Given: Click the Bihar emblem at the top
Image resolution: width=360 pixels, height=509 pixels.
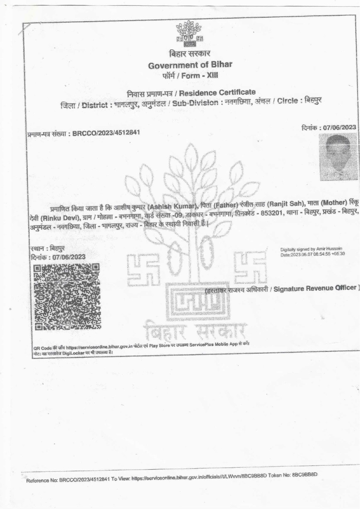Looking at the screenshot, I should [189, 34].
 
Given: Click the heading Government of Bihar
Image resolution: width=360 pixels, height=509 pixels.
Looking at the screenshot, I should [190, 65].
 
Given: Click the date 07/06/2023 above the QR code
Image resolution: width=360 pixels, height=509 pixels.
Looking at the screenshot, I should [69, 257].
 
